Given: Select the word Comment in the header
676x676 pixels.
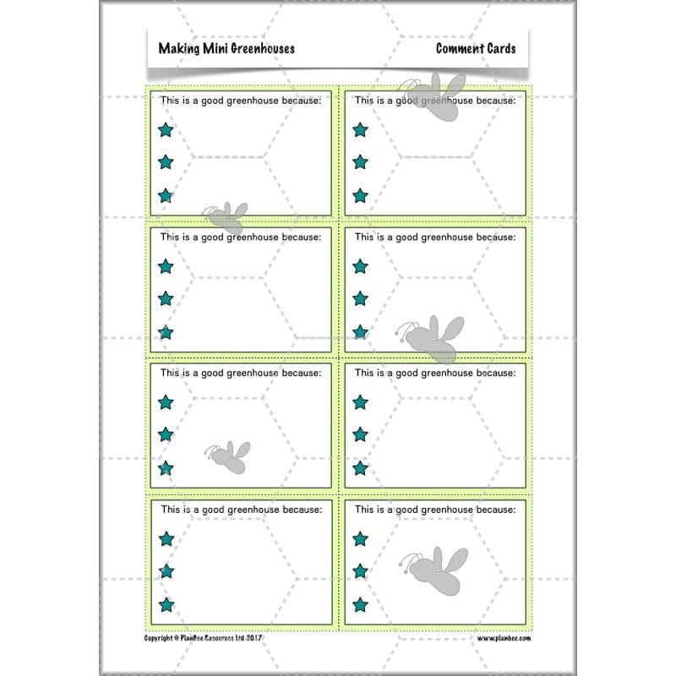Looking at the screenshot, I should (461, 48).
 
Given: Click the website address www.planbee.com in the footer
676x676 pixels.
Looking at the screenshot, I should (504, 640).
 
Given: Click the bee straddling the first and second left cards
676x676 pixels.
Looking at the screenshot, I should (226, 217).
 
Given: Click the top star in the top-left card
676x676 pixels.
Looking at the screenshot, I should (166, 129).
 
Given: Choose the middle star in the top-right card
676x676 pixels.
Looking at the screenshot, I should (360, 161).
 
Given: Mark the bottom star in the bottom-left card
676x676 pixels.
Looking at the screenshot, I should (166, 604).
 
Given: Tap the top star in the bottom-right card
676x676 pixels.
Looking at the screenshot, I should (360, 538).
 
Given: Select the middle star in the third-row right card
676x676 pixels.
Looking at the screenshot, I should (360, 434).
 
